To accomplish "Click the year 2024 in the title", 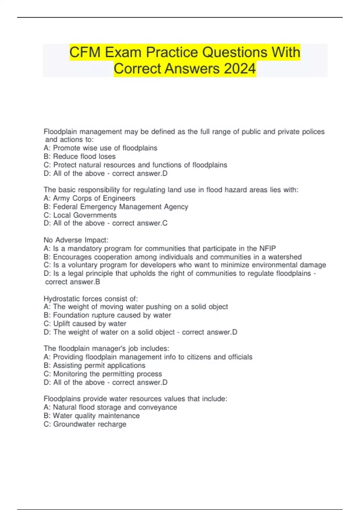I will (240, 69).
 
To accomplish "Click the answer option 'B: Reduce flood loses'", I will (79, 156).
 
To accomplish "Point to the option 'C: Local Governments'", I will (80, 215).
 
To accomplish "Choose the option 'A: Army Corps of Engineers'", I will (89, 198).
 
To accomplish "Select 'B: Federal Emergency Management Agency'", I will (116, 207).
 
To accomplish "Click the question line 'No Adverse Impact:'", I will (76, 240).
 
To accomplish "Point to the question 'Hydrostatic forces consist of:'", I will (91, 298).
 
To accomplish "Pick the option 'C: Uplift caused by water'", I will (85, 324).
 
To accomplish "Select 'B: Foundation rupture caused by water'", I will (107, 315).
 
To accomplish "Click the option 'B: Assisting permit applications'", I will (94, 365).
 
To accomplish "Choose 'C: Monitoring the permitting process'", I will (103, 374).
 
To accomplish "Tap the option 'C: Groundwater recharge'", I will (85, 424).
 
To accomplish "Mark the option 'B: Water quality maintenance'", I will (91, 416).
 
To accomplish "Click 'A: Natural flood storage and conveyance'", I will (110, 407).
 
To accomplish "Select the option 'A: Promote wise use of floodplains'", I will (100, 148).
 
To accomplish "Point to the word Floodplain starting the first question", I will (61, 132).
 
